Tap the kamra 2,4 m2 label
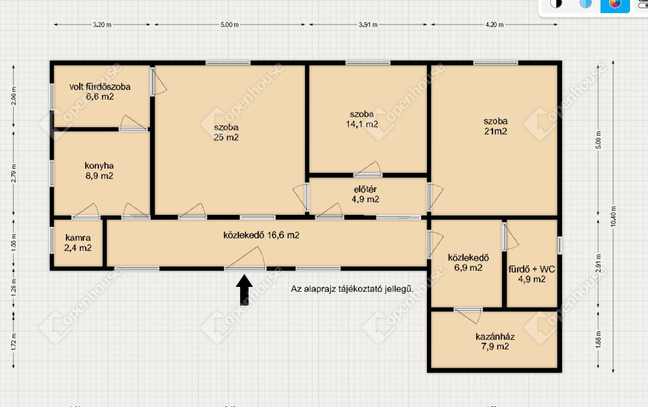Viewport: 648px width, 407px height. coord(78,243)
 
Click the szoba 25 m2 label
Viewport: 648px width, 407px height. coord(226,132)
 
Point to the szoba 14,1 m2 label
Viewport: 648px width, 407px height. coord(362,119)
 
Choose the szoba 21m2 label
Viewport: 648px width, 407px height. coord(496,126)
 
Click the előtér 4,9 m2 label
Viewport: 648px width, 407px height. coord(365,194)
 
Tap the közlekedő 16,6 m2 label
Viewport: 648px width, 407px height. coord(261,235)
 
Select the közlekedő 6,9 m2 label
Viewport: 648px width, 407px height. coord(468,262)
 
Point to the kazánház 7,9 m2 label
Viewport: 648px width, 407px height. coord(495,342)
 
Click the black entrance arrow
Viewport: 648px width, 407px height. coord(244,290)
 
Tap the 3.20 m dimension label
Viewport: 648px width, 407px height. coord(102,25)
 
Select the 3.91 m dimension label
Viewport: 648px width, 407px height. coord(368,25)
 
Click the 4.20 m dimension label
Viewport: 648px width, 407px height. coord(494,25)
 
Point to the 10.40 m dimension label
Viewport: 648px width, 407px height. coord(613,216)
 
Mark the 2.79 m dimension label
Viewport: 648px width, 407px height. coord(14,173)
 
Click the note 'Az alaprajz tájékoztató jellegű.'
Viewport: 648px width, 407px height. coord(352,289)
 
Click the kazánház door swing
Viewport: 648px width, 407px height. coord(468,316)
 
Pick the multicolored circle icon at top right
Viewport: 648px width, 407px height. coord(615,4)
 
